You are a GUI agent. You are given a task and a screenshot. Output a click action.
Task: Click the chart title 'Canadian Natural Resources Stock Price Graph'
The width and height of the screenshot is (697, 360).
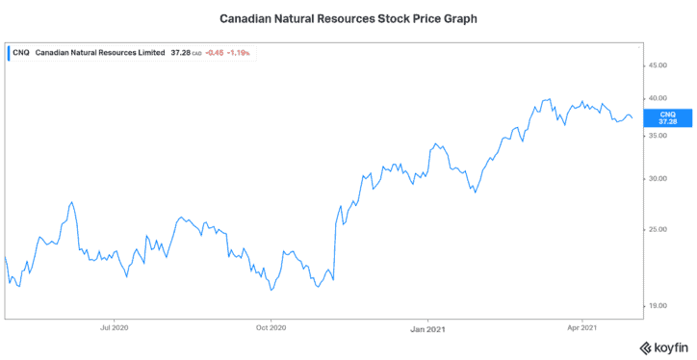pyautogui.click(x=348, y=17)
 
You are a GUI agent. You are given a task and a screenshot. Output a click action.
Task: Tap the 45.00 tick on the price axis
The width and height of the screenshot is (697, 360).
pyautogui.click(x=658, y=65)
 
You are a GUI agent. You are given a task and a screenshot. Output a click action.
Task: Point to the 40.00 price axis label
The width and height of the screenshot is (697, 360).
pyautogui.click(x=658, y=98)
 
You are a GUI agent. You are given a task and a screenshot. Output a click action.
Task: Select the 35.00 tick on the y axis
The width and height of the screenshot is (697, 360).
pyautogui.click(x=658, y=136)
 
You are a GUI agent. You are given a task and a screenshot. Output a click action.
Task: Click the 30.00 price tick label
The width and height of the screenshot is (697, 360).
pyautogui.click(x=658, y=178)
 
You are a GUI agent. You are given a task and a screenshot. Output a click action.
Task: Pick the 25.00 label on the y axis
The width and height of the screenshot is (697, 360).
pyautogui.click(x=658, y=229)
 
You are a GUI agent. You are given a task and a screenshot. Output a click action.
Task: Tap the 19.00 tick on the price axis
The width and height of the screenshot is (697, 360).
pyautogui.click(x=658, y=306)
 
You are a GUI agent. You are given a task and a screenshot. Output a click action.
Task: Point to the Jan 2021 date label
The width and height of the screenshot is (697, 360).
pyautogui.click(x=427, y=328)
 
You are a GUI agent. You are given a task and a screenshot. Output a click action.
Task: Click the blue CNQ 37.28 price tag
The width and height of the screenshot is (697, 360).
pyautogui.click(x=667, y=117)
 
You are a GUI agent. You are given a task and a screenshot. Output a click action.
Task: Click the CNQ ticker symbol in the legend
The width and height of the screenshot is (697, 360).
pyautogui.click(x=20, y=53)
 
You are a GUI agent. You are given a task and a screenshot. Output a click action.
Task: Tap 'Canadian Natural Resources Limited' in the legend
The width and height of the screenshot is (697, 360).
pyautogui.click(x=98, y=53)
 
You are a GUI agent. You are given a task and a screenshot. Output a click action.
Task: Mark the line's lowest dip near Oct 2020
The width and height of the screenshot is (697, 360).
pyautogui.click(x=271, y=290)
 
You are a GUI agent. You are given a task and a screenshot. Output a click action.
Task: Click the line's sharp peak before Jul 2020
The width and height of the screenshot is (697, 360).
pyautogui.click(x=71, y=202)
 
